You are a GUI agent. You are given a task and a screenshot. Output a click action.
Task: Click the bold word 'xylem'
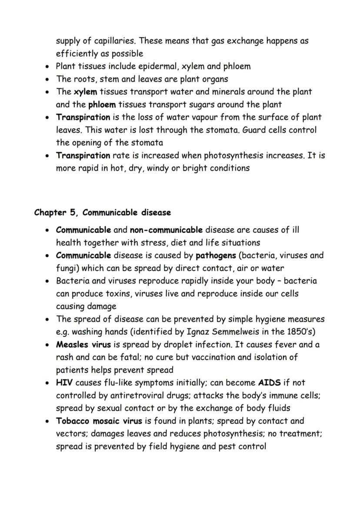pyautogui.click(x=85, y=92)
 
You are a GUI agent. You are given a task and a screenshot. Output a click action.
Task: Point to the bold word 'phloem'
pyautogui.click(x=102, y=104)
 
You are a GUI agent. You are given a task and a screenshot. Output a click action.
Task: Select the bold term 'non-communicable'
pyautogui.click(x=166, y=230)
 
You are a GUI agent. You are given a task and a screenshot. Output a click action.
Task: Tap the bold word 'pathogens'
pyautogui.click(x=216, y=255)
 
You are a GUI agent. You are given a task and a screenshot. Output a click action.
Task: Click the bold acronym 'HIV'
pyautogui.click(x=64, y=383)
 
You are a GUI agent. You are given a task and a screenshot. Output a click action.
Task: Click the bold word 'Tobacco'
pyautogui.click(x=72, y=421)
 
